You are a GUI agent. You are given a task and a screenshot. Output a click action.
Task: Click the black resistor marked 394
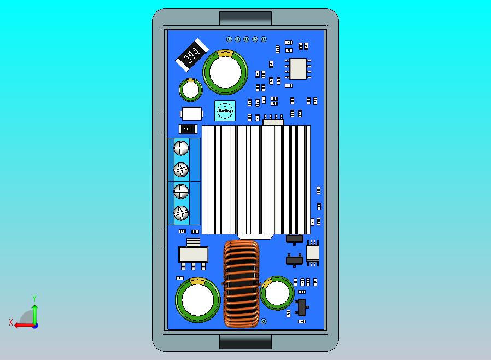(x=191, y=55)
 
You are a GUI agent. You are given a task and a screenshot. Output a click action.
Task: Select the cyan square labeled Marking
(x=225, y=111)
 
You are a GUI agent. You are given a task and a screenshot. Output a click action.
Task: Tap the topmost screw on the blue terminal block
(x=181, y=147)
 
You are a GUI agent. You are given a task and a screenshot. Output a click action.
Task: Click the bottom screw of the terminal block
(x=181, y=212)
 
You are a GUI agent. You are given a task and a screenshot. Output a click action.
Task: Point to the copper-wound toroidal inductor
(x=241, y=284)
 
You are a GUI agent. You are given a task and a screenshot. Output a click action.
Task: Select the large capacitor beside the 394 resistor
(x=225, y=72)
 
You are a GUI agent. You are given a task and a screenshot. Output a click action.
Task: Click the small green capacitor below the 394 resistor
(x=191, y=90)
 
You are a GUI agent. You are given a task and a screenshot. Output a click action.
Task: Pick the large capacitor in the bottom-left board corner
(x=197, y=299)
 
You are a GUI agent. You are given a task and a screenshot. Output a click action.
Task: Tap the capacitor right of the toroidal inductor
(x=277, y=294)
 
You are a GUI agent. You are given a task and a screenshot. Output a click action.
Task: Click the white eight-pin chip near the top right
(x=298, y=68)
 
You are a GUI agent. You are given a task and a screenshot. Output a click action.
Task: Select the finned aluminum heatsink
(x=256, y=179)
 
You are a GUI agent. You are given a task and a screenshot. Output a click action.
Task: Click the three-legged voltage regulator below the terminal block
(x=193, y=255)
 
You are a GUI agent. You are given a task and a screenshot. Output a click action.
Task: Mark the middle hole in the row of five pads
(x=247, y=39)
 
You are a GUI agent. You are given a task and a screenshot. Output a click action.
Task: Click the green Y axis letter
(x=34, y=298)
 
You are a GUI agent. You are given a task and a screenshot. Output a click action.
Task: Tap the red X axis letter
(x=10, y=323)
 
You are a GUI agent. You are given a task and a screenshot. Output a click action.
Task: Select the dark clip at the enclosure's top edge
(x=245, y=18)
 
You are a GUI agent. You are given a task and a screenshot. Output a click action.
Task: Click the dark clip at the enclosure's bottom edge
(x=245, y=342)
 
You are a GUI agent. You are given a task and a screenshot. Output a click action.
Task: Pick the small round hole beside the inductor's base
(x=264, y=321)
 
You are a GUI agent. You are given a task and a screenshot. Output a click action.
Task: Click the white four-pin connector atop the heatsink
(x=274, y=121)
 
